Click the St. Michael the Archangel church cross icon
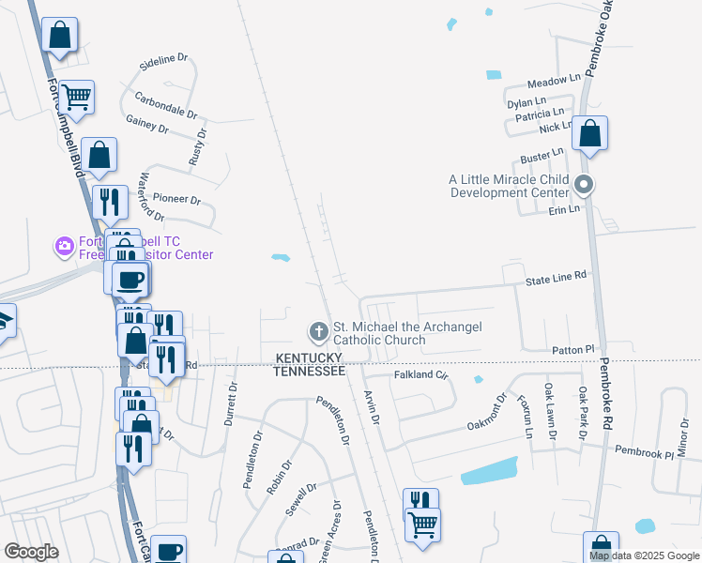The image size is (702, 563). point(318,331)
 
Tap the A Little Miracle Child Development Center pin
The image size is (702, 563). point(584,185)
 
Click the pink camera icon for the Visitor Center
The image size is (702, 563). point(64,247)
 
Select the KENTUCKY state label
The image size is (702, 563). point(309,358)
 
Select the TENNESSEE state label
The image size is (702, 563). point(309,372)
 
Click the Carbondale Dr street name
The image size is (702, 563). point(165,103)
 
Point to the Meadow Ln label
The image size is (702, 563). point(555,83)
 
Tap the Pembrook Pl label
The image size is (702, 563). point(645,452)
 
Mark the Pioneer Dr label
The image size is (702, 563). point(177,199)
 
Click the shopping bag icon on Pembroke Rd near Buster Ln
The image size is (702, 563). point(590,134)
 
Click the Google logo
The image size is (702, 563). point(31,552)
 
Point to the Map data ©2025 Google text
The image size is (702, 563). point(643,555)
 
